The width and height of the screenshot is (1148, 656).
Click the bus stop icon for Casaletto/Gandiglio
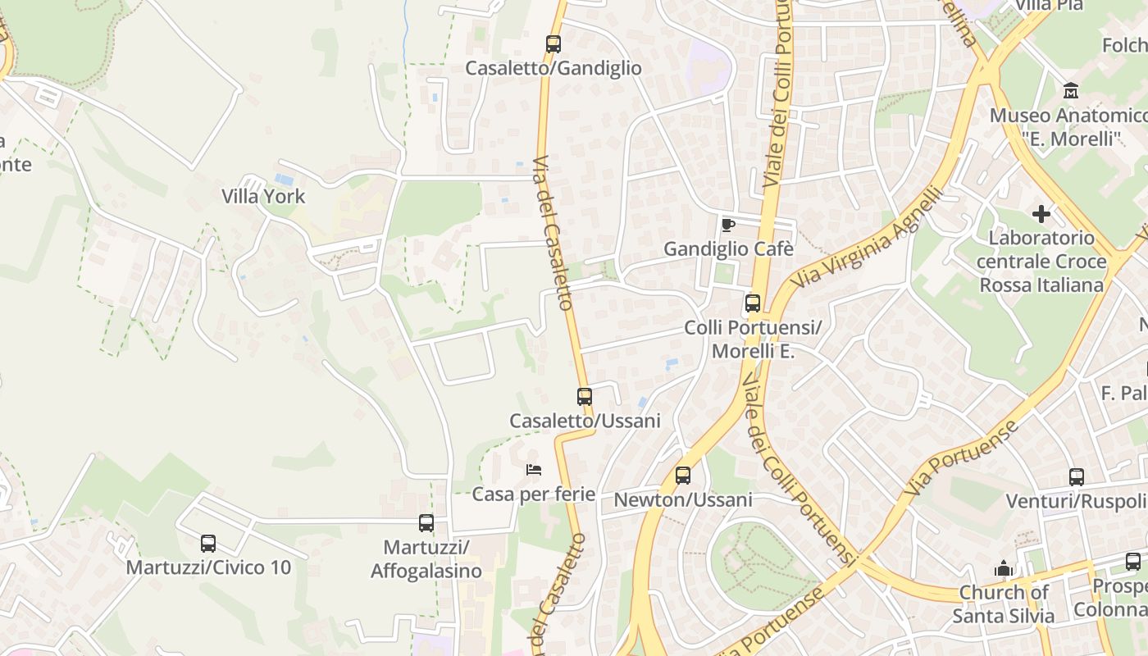(x=553, y=44)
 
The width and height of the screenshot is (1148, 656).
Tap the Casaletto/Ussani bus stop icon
(x=585, y=397)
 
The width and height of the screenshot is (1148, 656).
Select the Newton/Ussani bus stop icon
(x=683, y=476)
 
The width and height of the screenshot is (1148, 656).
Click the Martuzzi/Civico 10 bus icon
(x=208, y=543)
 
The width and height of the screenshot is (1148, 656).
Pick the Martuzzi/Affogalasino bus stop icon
(x=426, y=523)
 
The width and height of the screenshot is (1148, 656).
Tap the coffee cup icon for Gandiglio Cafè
(x=727, y=225)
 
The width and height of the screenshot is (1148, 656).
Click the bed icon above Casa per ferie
(x=534, y=470)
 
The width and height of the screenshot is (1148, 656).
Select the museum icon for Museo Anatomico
(x=1070, y=90)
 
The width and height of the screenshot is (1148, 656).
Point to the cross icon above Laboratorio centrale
(x=1041, y=214)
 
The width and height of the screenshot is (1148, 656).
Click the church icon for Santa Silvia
(x=1004, y=568)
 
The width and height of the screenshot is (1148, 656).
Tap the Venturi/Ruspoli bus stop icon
(x=1077, y=477)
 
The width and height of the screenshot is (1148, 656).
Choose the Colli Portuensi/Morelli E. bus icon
(x=753, y=303)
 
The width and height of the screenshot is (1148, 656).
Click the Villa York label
(x=263, y=197)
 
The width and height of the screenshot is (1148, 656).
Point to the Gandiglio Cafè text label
(x=728, y=248)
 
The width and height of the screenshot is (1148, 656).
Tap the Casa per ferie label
(x=534, y=494)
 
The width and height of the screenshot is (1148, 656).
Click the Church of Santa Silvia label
(x=1004, y=604)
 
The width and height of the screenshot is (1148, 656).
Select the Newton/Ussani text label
(x=683, y=499)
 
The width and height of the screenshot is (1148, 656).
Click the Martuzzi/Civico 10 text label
(x=208, y=567)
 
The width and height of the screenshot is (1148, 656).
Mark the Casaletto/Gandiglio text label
(x=553, y=68)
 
